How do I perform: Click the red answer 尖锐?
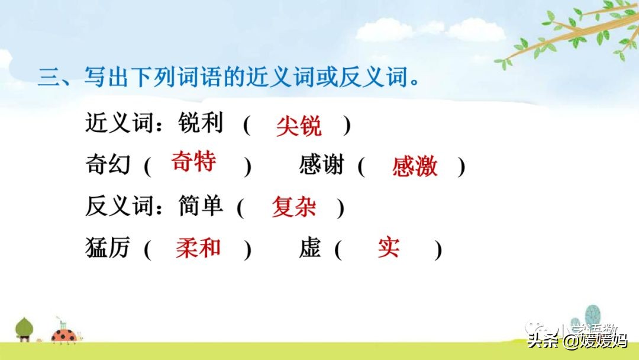click(x=299, y=126)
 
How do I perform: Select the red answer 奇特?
click(x=193, y=162)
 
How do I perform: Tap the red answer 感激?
click(x=415, y=167)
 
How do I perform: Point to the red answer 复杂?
click(x=293, y=207)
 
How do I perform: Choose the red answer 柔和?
click(x=198, y=248)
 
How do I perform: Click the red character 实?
click(x=388, y=247)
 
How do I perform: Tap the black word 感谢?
click(x=321, y=165)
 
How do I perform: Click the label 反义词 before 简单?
click(x=120, y=205)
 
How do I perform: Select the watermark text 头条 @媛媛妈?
click(x=577, y=341)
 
